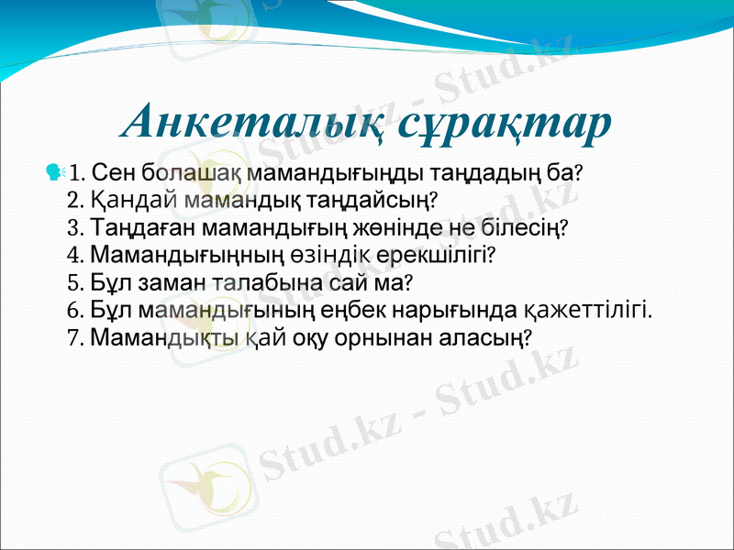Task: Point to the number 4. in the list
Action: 77,254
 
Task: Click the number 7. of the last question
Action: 77,337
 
